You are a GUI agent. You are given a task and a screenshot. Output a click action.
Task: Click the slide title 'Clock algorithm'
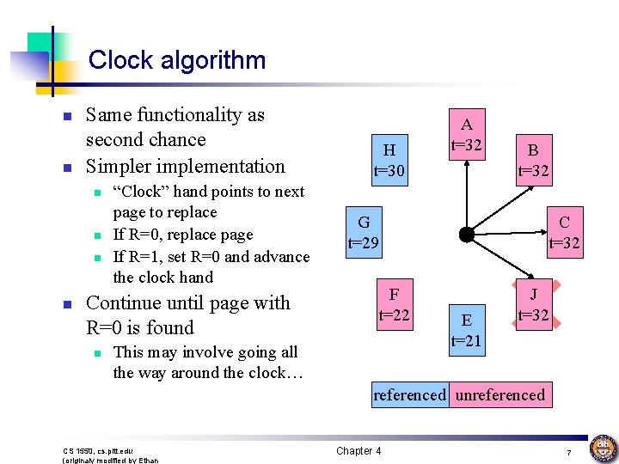[x=177, y=60]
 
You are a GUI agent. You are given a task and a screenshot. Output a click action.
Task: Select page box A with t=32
[x=467, y=133]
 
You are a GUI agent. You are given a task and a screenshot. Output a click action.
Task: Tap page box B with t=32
[x=533, y=160]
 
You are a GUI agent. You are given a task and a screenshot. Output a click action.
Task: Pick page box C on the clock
[x=564, y=232]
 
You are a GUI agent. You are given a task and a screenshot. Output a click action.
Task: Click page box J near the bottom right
[x=533, y=304]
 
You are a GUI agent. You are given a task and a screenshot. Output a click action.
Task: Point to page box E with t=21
[x=467, y=330]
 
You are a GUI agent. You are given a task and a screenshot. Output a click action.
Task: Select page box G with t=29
[x=364, y=232]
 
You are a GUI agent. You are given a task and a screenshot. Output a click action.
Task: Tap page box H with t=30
[x=389, y=160]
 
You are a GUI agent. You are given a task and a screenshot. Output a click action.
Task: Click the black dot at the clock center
[x=466, y=233]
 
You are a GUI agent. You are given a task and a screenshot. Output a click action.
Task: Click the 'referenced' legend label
[x=409, y=395]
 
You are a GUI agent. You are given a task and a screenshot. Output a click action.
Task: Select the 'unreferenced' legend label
[x=499, y=395]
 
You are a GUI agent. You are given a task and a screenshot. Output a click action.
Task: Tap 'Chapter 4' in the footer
[x=359, y=451]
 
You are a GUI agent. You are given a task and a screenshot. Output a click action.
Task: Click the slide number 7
[x=569, y=452]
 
